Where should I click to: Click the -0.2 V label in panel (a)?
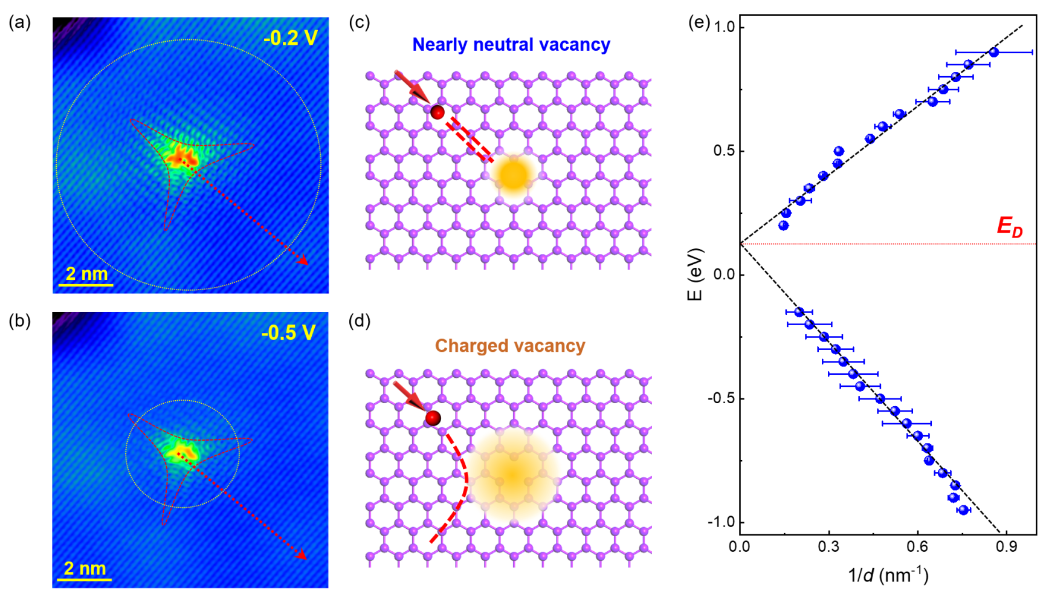coord(291,38)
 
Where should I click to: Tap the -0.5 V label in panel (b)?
coord(288,332)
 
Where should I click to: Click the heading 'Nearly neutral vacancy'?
coord(511,45)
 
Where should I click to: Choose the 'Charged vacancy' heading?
coord(510,346)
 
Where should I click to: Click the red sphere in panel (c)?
coord(437,112)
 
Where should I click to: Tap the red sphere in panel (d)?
coord(433,418)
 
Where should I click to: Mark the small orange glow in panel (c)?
coord(514,174)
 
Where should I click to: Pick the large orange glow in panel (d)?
coord(512,474)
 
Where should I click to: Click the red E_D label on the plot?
coord(1009,227)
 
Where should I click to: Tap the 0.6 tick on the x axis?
coord(917,547)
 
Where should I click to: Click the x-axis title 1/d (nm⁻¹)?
coord(888,574)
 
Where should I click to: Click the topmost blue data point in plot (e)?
coord(994,53)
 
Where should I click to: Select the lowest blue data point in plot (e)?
coord(963,510)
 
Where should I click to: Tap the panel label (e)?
coord(699,22)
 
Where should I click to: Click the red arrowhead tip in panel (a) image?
coord(307,264)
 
